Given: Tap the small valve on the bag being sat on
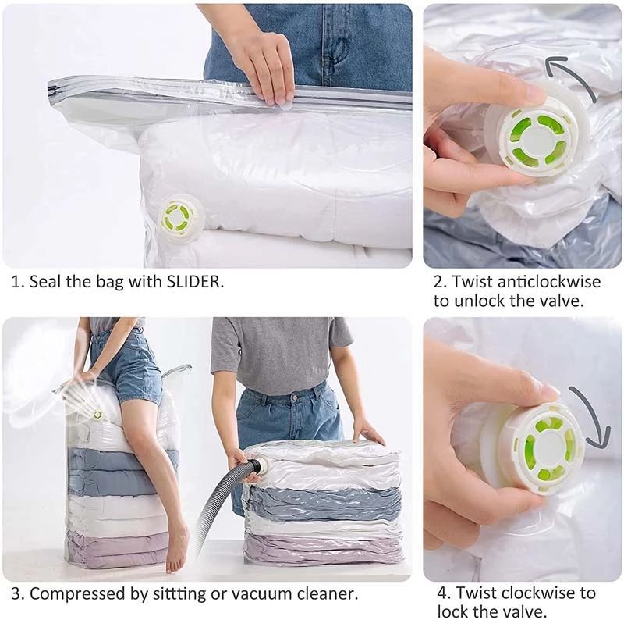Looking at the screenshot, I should click(97, 415).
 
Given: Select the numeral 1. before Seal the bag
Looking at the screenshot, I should click(17, 282).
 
